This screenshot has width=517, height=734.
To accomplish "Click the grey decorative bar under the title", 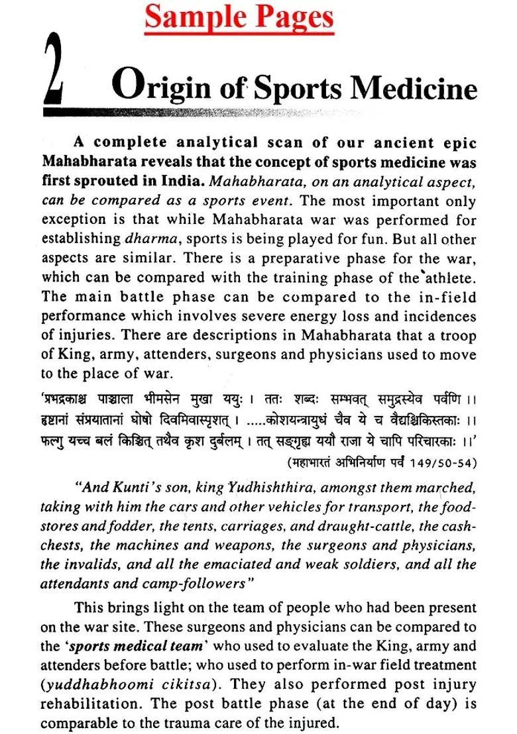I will [x=199, y=112].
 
